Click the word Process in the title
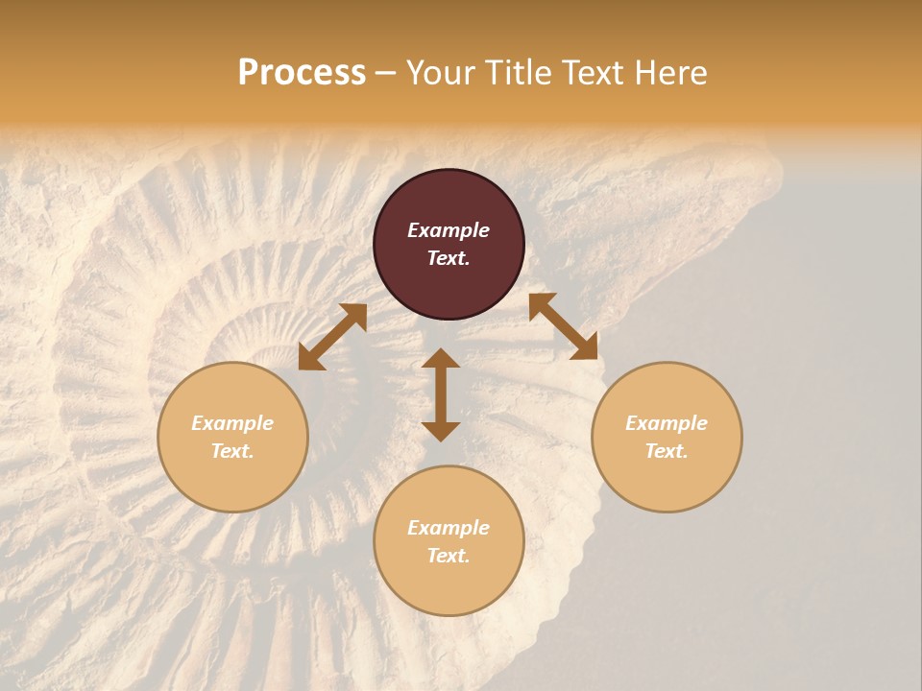[302, 73]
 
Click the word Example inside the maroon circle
[449, 230]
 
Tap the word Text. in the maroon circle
[449, 258]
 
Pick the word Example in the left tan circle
[232, 423]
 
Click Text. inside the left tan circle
[232, 451]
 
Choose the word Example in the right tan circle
[667, 423]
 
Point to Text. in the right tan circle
[667, 451]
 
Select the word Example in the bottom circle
[449, 528]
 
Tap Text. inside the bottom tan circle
[449, 556]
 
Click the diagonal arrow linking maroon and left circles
[332, 337]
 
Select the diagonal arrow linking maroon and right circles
[563, 326]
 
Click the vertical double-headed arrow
[441, 394]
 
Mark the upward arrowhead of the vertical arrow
[441, 358]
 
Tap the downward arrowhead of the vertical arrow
[441, 431]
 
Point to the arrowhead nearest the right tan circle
[585, 347]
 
